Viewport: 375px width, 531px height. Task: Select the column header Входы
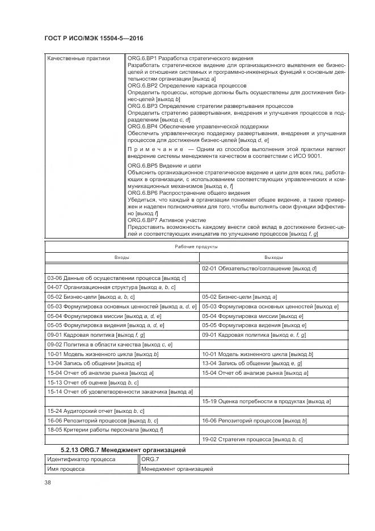coord(121,257)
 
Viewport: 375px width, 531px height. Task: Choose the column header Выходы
coord(273,257)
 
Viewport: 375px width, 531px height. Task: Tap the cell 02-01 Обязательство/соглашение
coord(259,268)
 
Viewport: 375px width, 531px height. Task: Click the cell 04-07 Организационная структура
coord(111,287)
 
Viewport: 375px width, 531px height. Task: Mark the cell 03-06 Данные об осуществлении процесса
coord(116,278)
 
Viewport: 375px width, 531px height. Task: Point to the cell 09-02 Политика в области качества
coord(109,345)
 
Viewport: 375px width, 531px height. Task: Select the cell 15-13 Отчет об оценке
coord(93,383)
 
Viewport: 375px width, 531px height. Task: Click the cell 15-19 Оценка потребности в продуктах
coord(266,402)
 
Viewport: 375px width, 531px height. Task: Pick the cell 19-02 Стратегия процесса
coord(252,440)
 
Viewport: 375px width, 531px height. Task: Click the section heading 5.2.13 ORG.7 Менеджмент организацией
coord(123,450)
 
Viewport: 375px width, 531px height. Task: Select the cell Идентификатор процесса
coord(81,459)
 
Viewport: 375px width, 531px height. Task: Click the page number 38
coord(48,483)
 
